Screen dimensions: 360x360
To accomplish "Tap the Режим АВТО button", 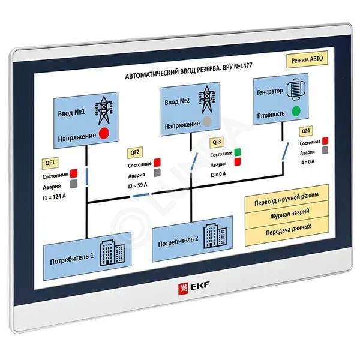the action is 307,59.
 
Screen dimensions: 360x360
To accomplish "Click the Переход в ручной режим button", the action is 287,199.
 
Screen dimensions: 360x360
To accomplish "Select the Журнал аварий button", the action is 287,214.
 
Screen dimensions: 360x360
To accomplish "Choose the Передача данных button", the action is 287,230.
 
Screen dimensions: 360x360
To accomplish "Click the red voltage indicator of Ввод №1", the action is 104,133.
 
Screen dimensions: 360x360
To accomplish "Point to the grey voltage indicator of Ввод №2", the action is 208,121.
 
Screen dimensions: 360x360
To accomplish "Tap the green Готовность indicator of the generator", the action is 296,111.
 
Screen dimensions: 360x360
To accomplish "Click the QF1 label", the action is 50,163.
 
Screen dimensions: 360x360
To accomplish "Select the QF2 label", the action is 135,152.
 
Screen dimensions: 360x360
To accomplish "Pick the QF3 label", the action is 217,142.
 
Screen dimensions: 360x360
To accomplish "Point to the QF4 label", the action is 306,131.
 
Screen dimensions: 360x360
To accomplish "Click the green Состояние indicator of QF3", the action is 238,152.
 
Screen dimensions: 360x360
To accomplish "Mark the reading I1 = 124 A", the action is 54,197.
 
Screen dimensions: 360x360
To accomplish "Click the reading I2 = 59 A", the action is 138,185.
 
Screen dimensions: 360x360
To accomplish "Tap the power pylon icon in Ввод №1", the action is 104,110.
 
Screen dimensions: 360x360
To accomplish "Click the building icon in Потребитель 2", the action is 215,236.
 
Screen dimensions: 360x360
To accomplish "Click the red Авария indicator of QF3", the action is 238,161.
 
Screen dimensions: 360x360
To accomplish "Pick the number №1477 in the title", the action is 243,67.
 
